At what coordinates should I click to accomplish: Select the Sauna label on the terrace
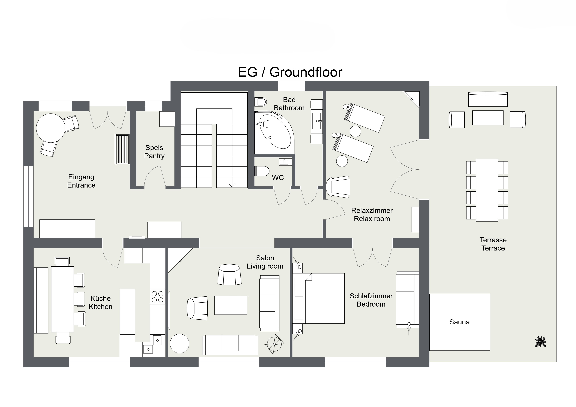[x=459, y=322]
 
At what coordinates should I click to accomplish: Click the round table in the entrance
[x=51, y=128]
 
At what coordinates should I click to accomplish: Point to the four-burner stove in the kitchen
[x=157, y=297]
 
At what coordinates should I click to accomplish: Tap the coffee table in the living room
[x=231, y=305]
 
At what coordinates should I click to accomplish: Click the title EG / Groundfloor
[x=290, y=72]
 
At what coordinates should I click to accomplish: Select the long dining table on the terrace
[x=487, y=190]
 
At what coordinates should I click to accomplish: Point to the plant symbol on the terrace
[x=541, y=342]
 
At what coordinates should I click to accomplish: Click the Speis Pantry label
[x=154, y=152]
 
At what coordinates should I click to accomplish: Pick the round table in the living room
[x=180, y=343]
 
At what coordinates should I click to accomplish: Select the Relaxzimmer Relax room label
[x=372, y=215]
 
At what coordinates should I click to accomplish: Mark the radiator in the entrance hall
[x=122, y=149]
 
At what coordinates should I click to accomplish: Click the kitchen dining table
[x=62, y=299]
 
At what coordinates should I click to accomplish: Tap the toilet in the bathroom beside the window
[x=260, y=102]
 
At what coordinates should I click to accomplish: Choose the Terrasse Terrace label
[x=493, y=244]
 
